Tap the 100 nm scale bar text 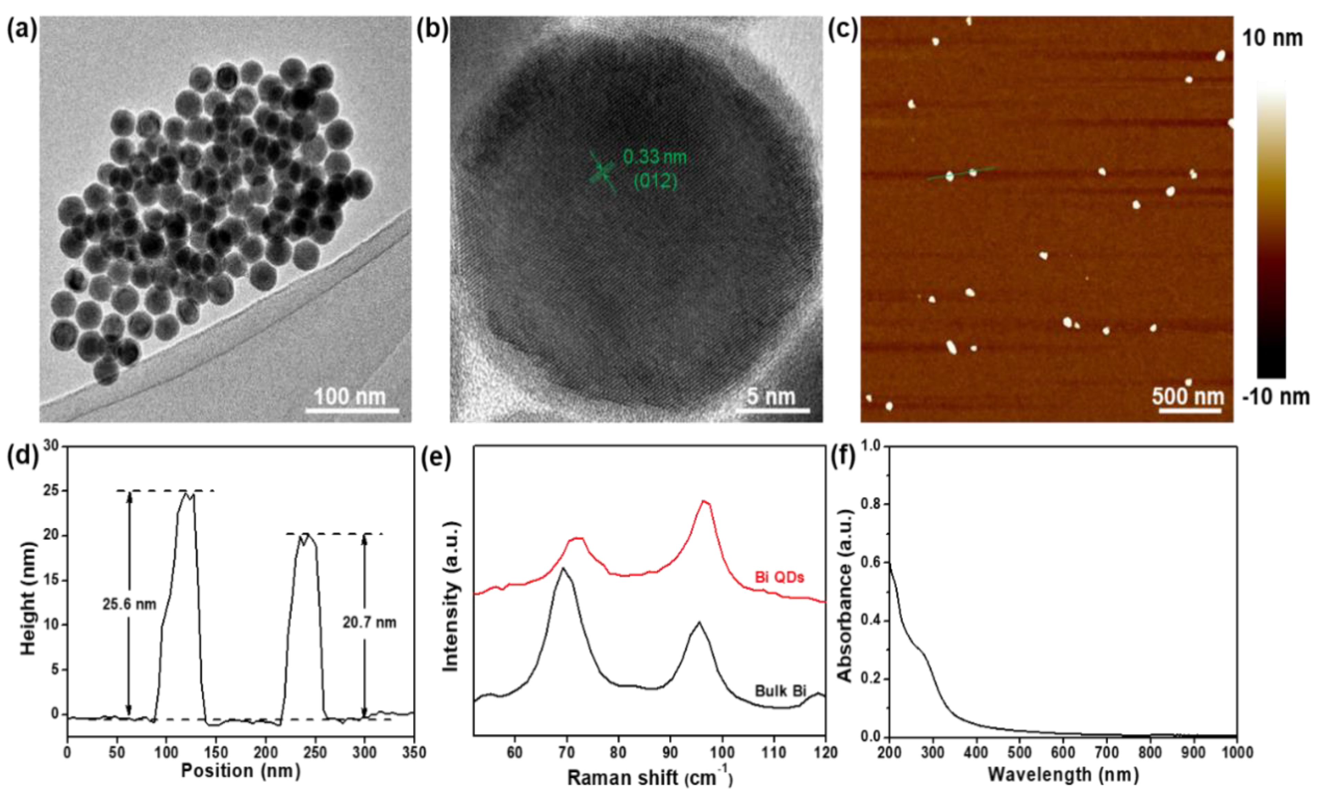pyautogui.click(x=349, y=397)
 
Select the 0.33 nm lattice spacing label pyautogui.click(x=655, y=157)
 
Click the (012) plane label pyautogui.click(x=655, y=182)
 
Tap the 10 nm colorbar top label pyautogui.click(x=1273, y=38)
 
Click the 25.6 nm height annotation pyautogui.click(x=130, y=604)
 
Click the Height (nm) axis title pyautogui.click(x=29, y=599)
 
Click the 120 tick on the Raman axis pyautogui.click(x=825, y=752)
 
